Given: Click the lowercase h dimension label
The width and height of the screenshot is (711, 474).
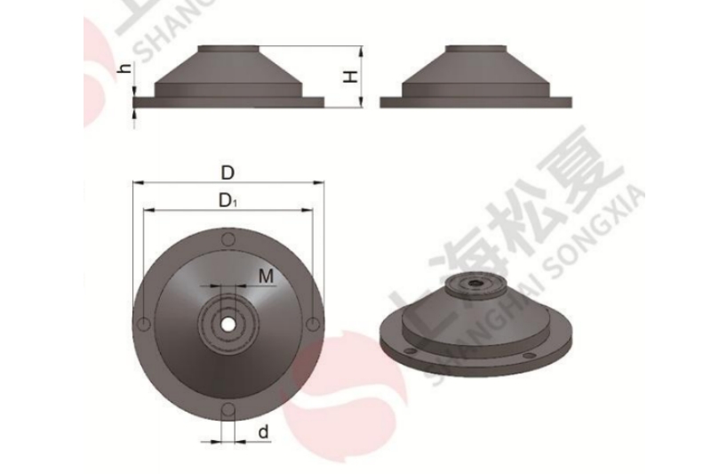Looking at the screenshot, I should (124, 68).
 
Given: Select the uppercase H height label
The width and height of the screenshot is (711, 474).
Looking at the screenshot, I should (353, 77).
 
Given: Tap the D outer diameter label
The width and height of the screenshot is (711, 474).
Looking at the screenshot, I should (228, 171).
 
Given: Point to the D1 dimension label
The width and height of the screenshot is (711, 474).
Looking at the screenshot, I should (228, 201).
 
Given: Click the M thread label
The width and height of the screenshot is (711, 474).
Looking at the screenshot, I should (266, 277).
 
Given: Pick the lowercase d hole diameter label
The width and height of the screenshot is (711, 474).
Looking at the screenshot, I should (264, 433).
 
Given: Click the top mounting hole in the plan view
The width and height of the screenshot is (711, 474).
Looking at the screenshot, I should (228, 241).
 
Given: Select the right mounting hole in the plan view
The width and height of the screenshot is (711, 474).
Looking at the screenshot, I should (311, 325).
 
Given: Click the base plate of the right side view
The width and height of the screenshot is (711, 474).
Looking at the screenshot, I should (475, 103).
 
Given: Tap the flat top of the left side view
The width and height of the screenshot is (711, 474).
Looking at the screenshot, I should (228, 47).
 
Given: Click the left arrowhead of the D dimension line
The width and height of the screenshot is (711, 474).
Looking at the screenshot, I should (136, 184).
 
